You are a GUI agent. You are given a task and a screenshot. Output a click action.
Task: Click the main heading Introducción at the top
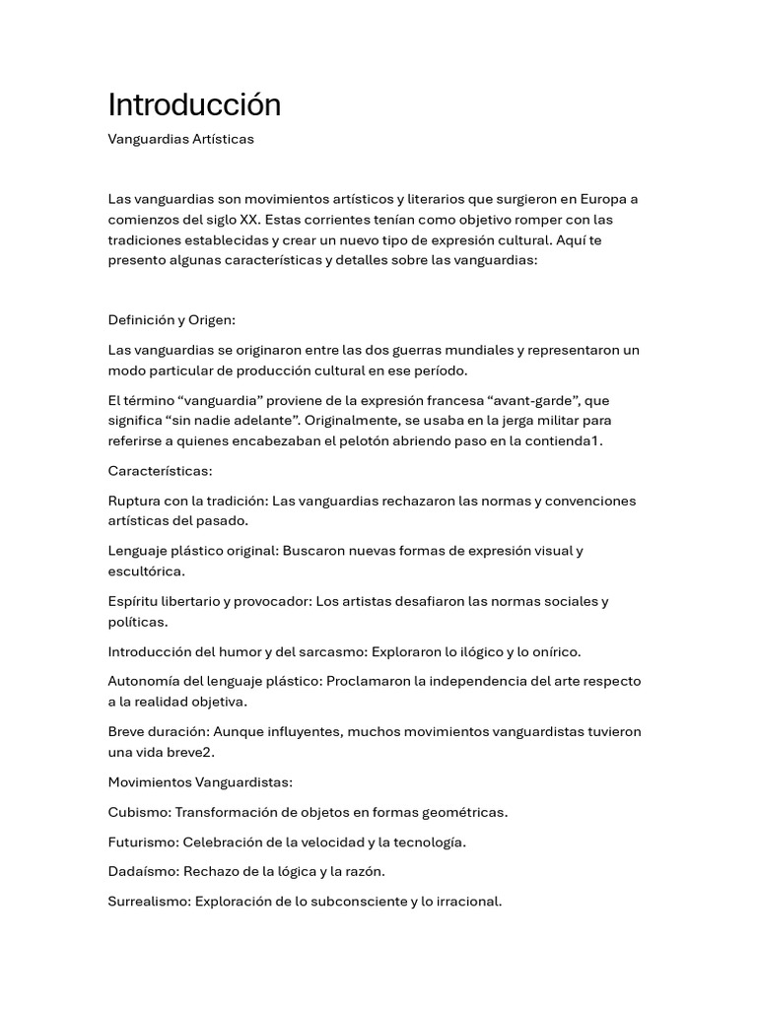pyautogui.click(x=194, y=104)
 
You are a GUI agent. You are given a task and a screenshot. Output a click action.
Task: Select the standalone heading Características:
pyautogui.click(x=160, y=471)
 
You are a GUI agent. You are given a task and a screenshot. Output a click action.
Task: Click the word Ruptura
pyautogui.click(x=136, y=501)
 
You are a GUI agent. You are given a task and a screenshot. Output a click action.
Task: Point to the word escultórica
pyautogui.click(x=146, y=571)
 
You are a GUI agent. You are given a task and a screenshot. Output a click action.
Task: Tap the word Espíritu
pyautogui.click(x=133, y=601)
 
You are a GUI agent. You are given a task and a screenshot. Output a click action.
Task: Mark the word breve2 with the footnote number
pyautogui.click(x=191, y=752)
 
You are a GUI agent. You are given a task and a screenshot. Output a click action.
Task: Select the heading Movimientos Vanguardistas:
pyautogui.click(x=200, y=782)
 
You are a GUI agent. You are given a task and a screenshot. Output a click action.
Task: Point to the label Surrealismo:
pyautogui.click(x=150, y=901)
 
